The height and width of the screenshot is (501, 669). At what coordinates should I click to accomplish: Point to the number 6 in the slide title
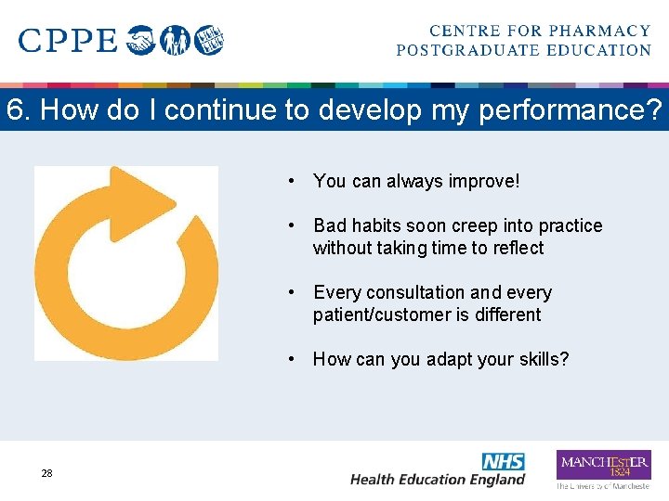click(14, 110)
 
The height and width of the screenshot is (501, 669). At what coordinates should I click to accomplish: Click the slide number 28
click(46, 473)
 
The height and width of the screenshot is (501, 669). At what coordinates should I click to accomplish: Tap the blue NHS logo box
click(503, 461)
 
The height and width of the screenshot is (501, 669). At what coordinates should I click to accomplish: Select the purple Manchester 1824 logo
click(603, 464)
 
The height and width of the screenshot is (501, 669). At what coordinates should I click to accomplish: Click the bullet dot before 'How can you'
click(292, 359)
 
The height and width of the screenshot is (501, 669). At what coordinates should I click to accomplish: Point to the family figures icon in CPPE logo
click(177, 41)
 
